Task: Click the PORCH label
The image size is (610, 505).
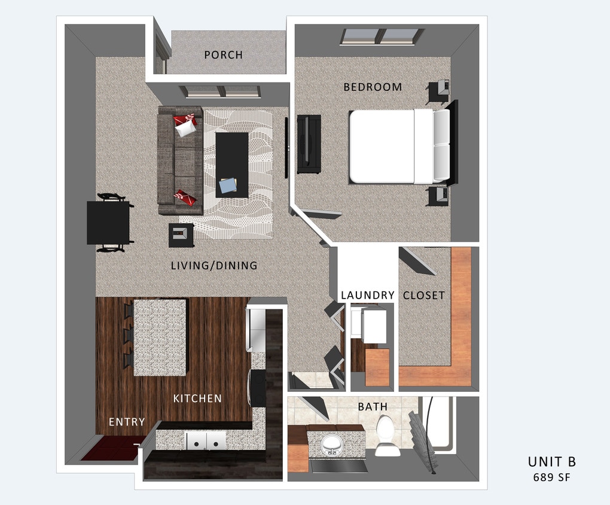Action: point(223,55)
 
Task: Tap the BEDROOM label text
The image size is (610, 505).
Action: point(373,87)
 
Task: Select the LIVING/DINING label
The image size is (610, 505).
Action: point(213,265)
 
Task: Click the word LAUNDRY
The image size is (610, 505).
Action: point(367,295)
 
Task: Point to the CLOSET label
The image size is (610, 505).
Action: point(423,295)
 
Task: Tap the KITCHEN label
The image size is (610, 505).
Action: point(197,398)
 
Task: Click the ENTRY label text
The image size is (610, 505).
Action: point(127,422)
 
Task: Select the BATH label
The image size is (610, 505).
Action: point(373,407)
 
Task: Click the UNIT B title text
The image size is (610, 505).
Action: point(551,462)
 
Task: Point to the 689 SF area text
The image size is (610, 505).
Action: point(551,477)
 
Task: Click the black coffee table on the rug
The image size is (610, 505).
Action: point(232,163)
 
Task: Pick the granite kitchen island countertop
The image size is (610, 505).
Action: point(160,337)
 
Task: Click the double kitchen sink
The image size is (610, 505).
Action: point(206,441)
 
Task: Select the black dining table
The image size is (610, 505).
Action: point(108,223)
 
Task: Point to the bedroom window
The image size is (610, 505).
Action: point(382,36)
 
